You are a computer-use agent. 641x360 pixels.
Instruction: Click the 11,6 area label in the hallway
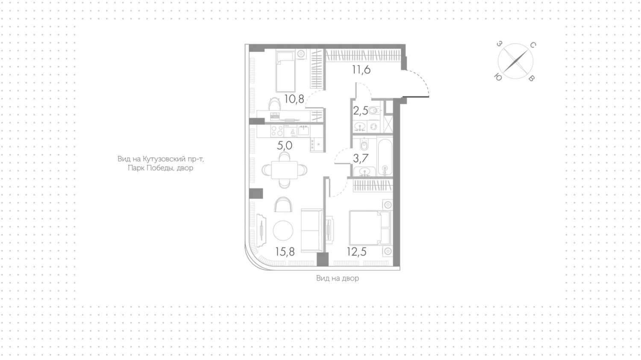(x=362, y=70)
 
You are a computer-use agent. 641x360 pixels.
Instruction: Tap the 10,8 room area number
(x=294, y=99)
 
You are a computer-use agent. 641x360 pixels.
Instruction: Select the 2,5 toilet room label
(x=360, y=111)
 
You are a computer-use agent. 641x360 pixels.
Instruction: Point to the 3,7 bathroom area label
(x=361, y=158)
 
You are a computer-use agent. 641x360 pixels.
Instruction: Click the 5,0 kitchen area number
(x=285, y=145)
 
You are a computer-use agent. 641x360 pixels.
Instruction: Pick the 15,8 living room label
(x=285, y=252)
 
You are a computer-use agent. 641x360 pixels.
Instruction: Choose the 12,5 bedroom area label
(x=356, y=252)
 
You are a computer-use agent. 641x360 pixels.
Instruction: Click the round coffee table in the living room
(x=283, y=231)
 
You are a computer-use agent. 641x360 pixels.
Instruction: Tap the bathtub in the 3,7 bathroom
(x=385, y=157)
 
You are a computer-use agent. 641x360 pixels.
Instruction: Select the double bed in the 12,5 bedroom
(x=370, y=228)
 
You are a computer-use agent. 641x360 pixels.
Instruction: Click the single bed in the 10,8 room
(x=285, y=71)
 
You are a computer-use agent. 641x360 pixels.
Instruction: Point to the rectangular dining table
(x=285, y=170)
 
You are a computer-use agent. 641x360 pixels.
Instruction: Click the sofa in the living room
(x=312, y=230)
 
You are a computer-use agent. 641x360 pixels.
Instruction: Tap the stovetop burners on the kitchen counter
(x=277, y=131)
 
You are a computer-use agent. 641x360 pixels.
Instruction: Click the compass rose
(x=515, y=61)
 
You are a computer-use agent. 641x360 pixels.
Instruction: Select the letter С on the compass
(x=533, y=45)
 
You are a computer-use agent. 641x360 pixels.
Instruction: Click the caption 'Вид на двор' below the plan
(x=338, y=278)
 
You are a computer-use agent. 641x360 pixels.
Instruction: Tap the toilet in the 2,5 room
(x=374, y=110)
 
